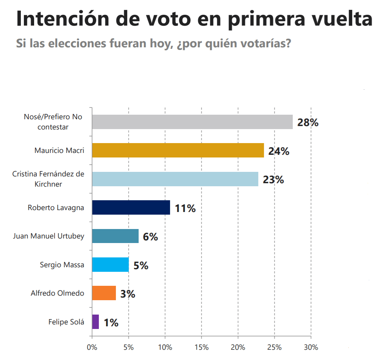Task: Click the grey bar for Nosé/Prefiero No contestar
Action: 192,122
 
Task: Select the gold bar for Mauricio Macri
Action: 178,150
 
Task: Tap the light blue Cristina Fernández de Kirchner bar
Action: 175,179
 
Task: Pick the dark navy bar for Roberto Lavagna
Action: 131,207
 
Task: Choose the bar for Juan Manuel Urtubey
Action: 115,236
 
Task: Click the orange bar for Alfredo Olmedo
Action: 104,293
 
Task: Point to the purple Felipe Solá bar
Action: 95,322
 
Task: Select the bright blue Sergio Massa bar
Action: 110,265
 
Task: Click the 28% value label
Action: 308,123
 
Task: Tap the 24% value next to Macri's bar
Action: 279,151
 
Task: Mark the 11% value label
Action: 185,208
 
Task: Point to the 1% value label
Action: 111,323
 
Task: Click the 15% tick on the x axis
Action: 201,347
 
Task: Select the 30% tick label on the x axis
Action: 311,347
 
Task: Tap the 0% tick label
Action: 92,347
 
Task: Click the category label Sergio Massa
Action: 62,265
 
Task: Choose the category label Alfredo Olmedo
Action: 57,293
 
